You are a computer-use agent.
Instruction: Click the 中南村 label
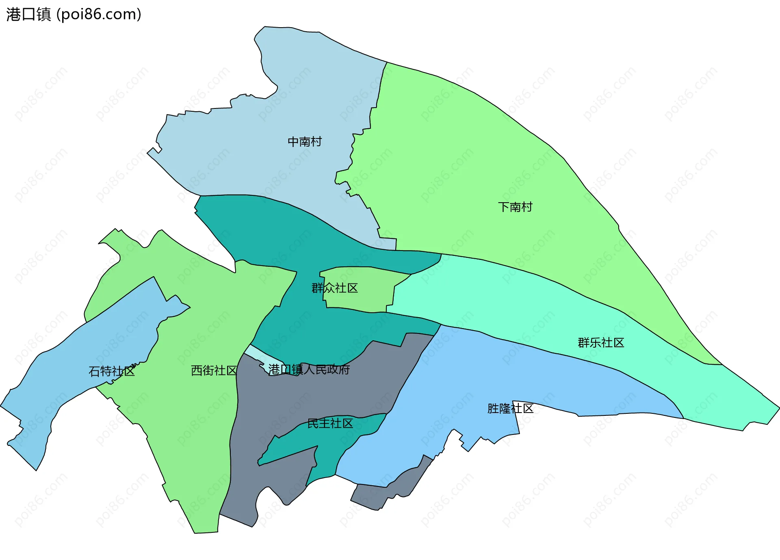click(x=305, y=142)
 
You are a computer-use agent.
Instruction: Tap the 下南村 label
click(x=515, y=207)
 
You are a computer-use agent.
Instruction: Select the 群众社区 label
click(x=334, y=288)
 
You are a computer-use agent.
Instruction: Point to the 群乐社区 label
click(x=601, y=343)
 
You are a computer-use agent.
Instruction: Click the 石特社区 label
click(x=112, y=371)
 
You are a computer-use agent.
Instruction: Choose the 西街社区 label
click(x=214, y=370)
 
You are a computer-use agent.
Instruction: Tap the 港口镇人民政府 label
click(x=309, y=370)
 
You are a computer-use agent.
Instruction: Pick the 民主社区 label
click(x=330, y=424)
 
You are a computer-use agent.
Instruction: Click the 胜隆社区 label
click(x=510, y=409)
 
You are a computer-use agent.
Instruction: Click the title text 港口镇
click(x=28, y=15)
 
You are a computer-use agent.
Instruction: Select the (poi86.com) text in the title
click(x=99, y=15)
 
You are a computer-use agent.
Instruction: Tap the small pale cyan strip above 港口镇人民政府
click(x=260, y=354)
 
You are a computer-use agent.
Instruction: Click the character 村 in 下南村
click(x=527, y=207)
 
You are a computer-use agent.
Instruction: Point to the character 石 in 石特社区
click(x=94, y=371)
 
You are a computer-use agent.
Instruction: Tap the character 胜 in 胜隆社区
click(x=493, y=409)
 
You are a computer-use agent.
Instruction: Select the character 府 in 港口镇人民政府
click(x=344, y=370)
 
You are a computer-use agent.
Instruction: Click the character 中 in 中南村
click(x=293, y=142)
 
